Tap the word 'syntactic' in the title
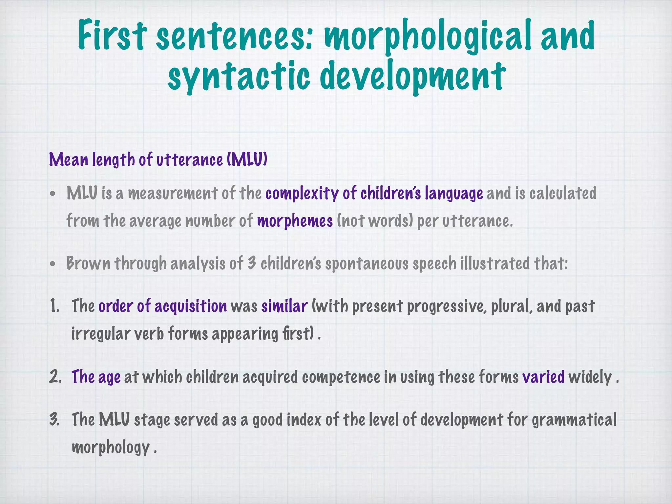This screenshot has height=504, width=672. tap(239, 76)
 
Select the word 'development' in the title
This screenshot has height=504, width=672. tap(412, 76)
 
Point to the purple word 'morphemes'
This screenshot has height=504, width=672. tap(295, 221)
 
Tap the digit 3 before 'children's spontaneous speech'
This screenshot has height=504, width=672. tap(252, 263)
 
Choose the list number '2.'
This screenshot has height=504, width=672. tap(55, 377)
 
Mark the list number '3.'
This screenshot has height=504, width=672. tap(54, 420)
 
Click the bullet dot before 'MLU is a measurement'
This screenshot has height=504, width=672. tap(52, 194)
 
